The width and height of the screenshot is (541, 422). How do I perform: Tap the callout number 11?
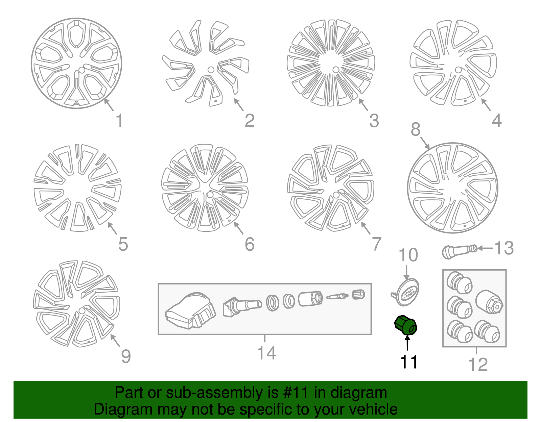pos(409,362)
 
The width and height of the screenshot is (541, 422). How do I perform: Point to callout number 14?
pos(266,353)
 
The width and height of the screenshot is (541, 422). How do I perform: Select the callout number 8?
pos(416,129)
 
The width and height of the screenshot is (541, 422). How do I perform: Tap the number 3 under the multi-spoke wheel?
pos(374,121)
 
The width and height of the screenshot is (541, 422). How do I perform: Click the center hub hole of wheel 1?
pos(81,70)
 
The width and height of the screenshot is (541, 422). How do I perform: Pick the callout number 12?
pos(478,365)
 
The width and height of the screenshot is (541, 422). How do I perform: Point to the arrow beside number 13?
pos(485,248)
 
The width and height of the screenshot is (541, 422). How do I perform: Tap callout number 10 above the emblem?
pos(408,255)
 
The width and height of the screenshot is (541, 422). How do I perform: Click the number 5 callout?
pos(123,244)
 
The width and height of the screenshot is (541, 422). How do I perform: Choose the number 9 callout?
pos(126,357)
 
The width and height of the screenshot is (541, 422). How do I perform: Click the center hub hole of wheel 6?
pos(210,195)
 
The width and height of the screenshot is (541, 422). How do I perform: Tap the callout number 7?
pos(377,244)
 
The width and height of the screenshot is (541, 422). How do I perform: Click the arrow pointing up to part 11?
pos(407,343)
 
